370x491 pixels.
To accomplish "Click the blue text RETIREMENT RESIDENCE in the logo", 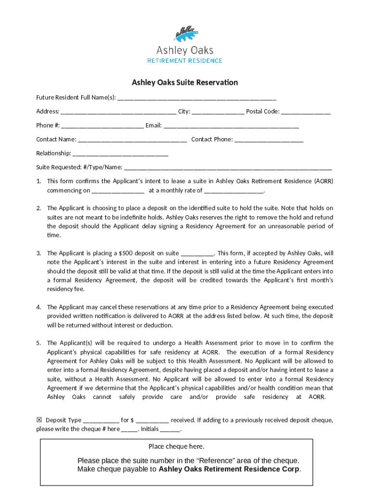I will click(x=185, y=61).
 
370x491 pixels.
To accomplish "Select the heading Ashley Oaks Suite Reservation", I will click(x=185, y=82).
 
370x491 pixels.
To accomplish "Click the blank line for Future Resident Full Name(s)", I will click(x=197, y=98).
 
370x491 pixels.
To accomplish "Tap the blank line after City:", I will click(x=218, y=112).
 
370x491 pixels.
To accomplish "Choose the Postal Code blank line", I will click(x=306, y=112).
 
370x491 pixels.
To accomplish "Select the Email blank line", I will click(x=231, y=126).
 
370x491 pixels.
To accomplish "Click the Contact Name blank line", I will click(x=132, y=140).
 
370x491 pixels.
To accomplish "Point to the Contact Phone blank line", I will click(x=269, y=140).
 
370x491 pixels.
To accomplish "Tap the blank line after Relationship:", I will click(x=120, y=154).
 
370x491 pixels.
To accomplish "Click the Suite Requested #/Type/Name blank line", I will click(x=228, y=168).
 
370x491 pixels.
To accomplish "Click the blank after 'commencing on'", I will click(x=118, y=191).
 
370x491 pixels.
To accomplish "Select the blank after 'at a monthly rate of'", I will click(x=234, y=191).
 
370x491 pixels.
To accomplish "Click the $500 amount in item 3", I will click(x=125, y=253).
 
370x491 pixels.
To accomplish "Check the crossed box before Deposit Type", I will click(x=39, y=420).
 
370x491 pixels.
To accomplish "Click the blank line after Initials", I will click(x=172, y=430).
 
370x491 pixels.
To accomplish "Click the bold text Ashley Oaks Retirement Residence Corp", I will click(x=229, y=469).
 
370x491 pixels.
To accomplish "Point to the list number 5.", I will click(x=38, y=343).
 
